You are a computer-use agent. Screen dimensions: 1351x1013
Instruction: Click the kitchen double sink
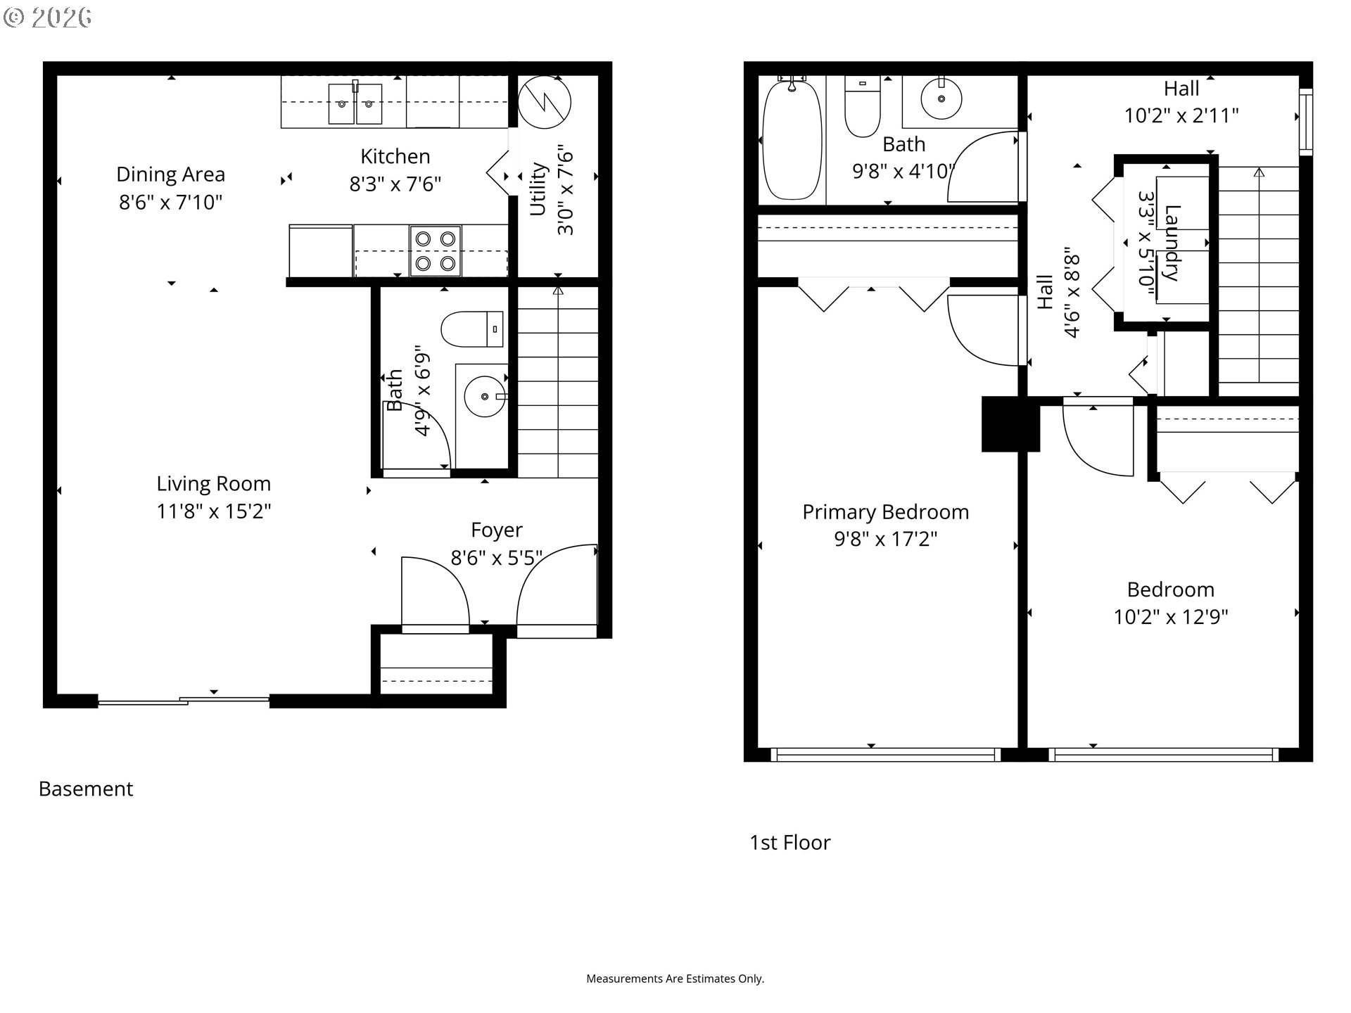(355, 103)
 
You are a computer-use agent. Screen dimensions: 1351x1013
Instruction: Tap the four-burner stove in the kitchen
(436, 250)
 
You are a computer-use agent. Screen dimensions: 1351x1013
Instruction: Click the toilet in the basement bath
(472, 329)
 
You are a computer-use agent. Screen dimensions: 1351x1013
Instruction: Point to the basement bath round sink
(485, 397)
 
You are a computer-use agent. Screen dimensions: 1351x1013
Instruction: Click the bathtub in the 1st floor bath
(792, 139)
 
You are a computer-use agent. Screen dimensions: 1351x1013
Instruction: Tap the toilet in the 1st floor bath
(862, 107)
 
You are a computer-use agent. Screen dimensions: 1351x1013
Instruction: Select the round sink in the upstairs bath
(941, 98)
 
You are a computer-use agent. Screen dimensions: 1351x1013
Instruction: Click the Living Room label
(213, 484)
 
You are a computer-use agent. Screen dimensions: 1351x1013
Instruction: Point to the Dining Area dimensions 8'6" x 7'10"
(170, 203)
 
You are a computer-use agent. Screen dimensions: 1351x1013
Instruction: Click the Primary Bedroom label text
(886, 512)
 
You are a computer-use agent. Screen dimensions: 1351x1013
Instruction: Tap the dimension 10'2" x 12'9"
(1171, 617)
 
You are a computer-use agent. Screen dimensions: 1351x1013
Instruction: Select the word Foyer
(497, 530)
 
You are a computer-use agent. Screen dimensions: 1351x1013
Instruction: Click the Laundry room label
(1171, 243)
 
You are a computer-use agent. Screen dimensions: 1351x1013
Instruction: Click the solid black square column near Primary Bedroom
(1010, 424)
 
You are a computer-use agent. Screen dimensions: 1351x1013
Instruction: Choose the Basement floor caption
(86, 789)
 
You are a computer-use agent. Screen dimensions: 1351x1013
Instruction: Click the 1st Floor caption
(790, 843)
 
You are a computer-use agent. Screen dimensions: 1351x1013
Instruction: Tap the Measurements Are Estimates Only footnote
(675, 979)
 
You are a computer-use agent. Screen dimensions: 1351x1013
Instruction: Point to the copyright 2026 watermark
(47, 18)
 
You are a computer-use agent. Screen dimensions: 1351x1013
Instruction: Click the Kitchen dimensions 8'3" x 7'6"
(395, 184)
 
